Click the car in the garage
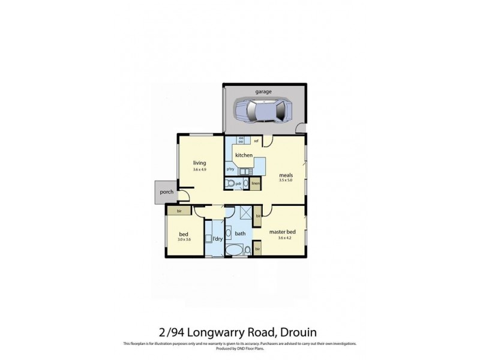(263, 110)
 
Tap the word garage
(264, 92)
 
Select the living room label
(200, 163)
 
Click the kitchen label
(244, 155)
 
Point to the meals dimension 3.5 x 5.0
(286, 181)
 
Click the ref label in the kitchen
(256, 142)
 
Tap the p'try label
(230, 170)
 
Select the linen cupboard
(256, 184)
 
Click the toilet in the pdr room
(230, 184)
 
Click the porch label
(166, 193)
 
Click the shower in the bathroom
(245, 214)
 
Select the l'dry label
(218, 239)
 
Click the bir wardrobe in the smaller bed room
(179, 211)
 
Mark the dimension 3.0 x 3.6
(184, 240)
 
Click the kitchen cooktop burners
(241, 140)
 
